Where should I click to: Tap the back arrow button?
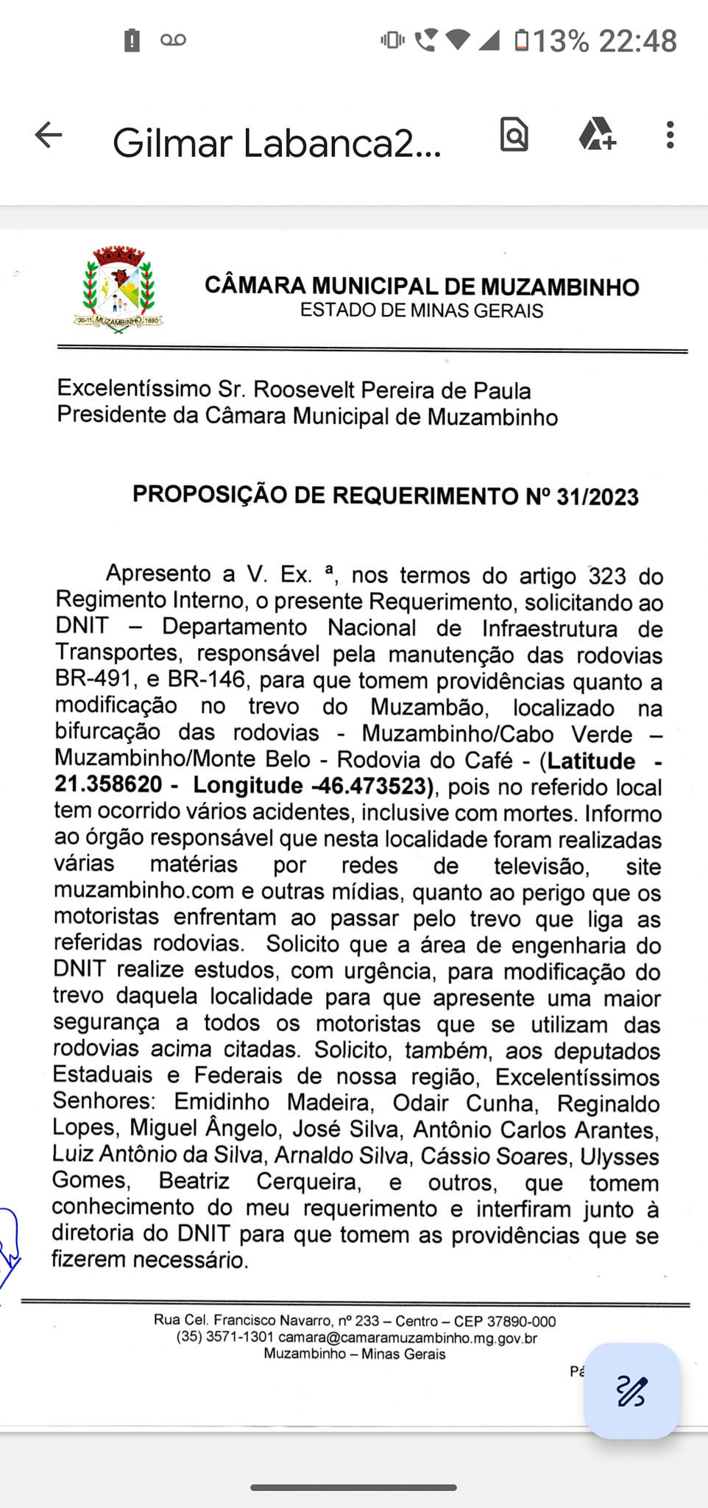click(49, 135)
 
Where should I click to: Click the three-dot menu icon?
click(670, 135)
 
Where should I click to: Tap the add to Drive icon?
click(596, 135)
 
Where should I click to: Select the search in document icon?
click(514, 135)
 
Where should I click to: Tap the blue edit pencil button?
click(631, 1391)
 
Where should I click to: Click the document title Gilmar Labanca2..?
click(276, 143)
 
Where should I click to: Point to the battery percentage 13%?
click(561, 41)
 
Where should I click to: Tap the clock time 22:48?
click(637, 41)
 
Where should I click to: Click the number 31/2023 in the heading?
click(597, 497)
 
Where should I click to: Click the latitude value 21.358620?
click(108, 784)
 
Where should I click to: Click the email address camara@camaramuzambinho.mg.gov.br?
click(408, 1338)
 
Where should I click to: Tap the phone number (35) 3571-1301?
click(225, 1337)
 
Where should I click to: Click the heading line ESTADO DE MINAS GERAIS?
click(421, 311)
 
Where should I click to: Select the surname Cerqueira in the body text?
click(309, 1181)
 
